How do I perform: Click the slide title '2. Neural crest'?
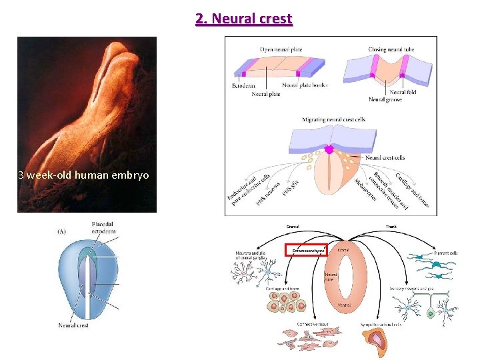[x=244, y=18]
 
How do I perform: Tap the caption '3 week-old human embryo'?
[x=84, y=175]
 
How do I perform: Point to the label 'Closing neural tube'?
[x=392, y=50]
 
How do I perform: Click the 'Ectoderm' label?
[x=243, y=85]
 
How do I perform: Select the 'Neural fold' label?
[x=403, y=92]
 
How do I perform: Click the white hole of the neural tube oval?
[x=343, y=276]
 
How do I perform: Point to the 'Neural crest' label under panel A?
[x=73, y=325]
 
